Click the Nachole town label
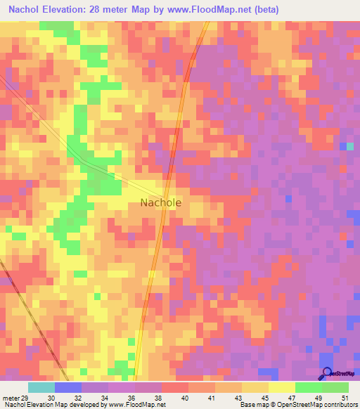click(160, 202)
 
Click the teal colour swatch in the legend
click(41, 387)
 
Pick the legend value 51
click(345, 397)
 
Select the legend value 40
click(184, 397)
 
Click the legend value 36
click(131, 397)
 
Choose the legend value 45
click(265, 397)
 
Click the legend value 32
click(77, 397)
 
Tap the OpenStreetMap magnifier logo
click(326, 375)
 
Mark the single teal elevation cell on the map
click(350, 146)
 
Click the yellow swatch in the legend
click(281, 387)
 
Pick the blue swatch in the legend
click(67, 387)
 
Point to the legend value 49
click(318, 397)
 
